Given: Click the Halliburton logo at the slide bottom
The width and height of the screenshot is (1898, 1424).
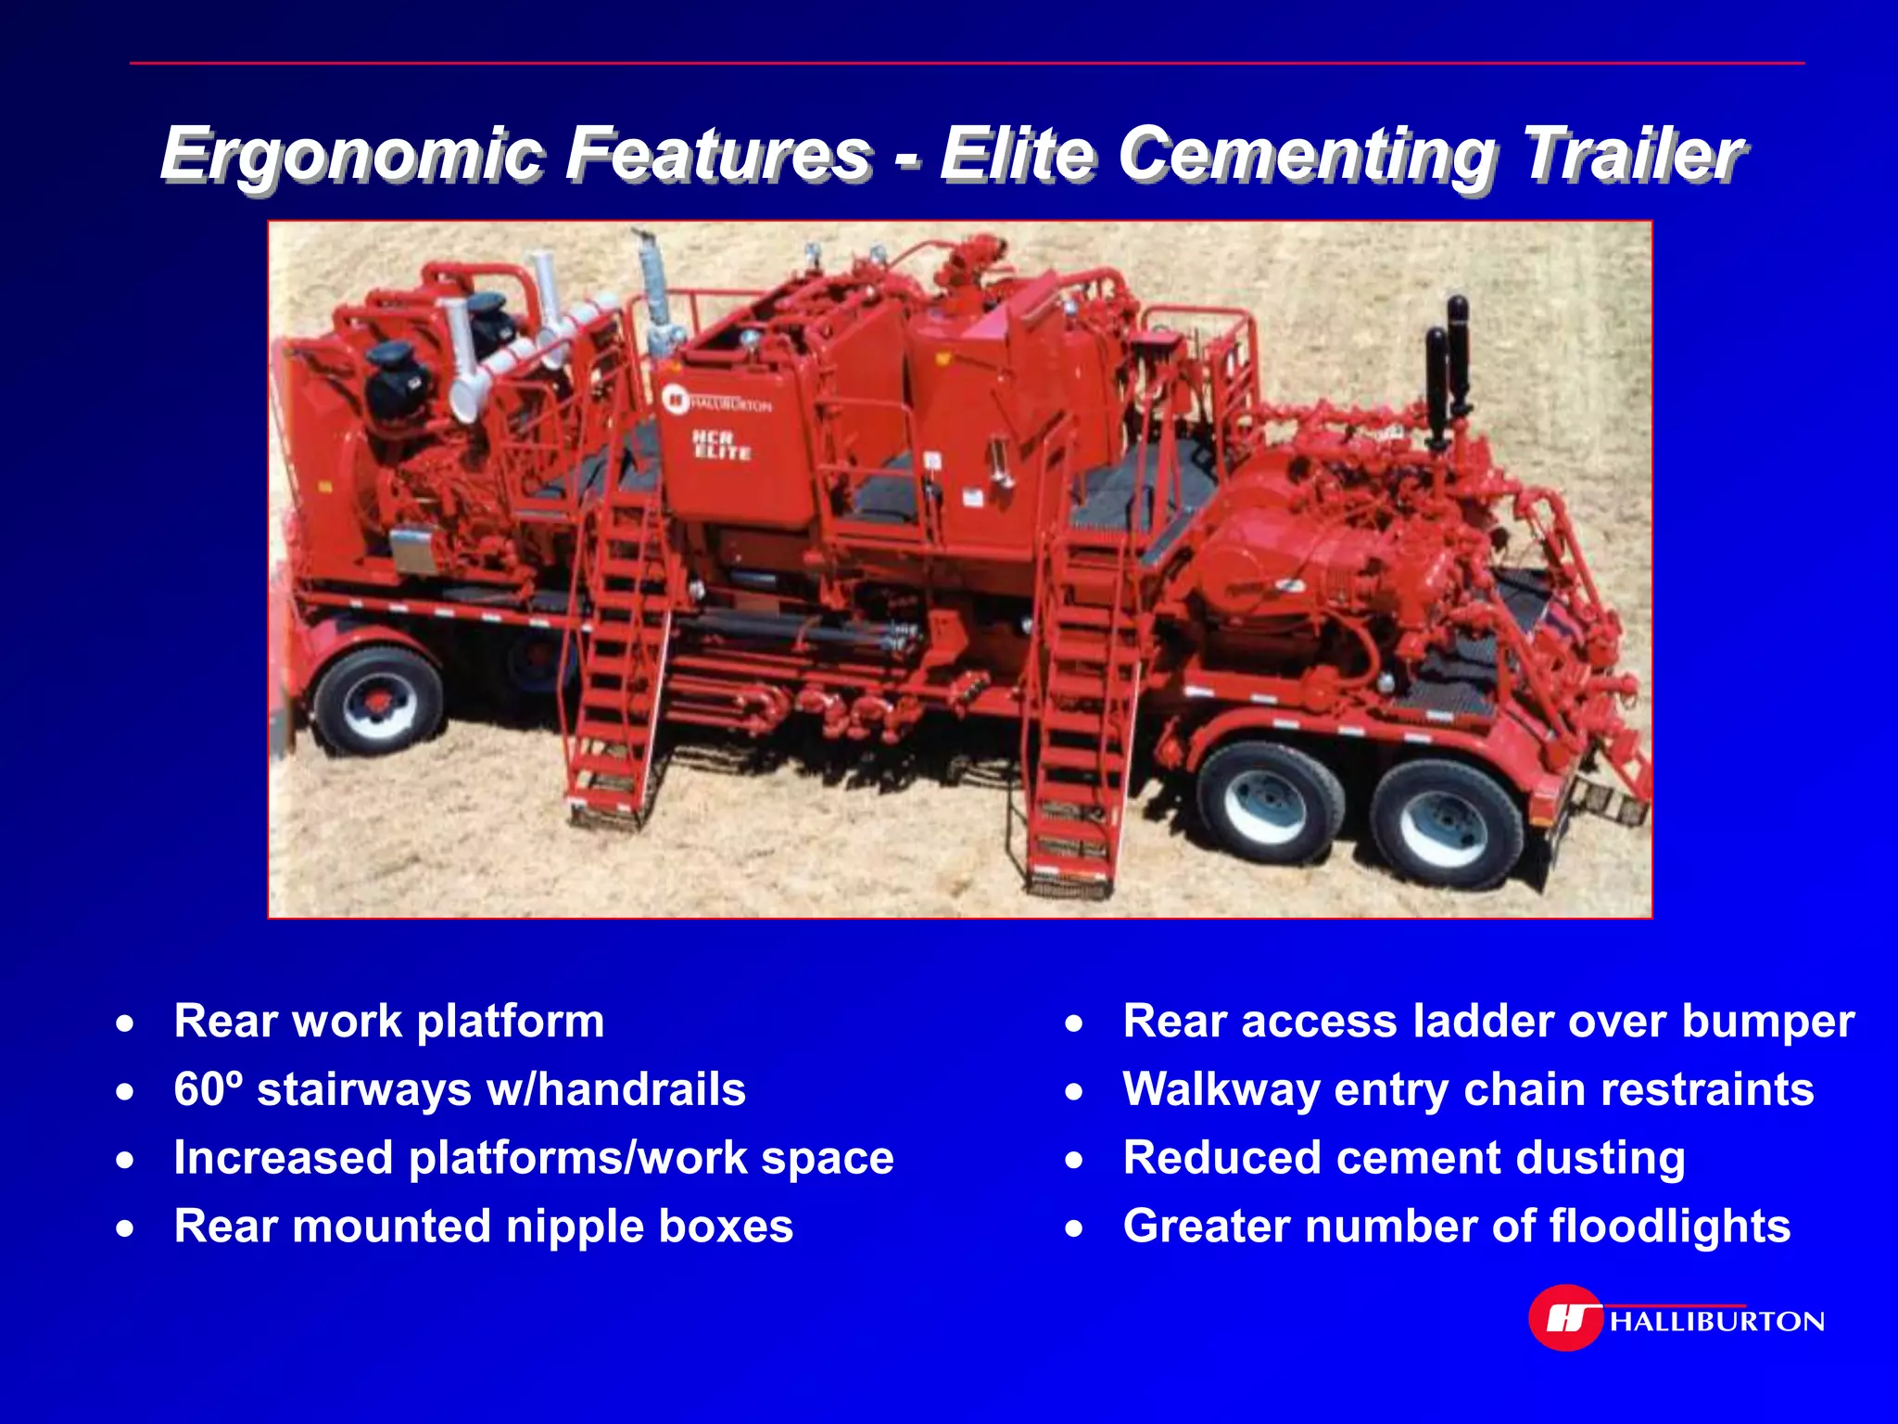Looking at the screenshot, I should tap(1676, 1318).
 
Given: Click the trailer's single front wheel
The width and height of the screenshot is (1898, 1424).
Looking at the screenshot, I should tap(378, 702).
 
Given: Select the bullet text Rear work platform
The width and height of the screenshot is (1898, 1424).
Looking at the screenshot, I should tap(389, 1022).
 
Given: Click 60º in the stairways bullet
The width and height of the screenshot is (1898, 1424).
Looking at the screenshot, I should tap(209, 1089).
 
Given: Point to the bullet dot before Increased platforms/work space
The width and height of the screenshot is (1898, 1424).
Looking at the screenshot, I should tap(125, 1160).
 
